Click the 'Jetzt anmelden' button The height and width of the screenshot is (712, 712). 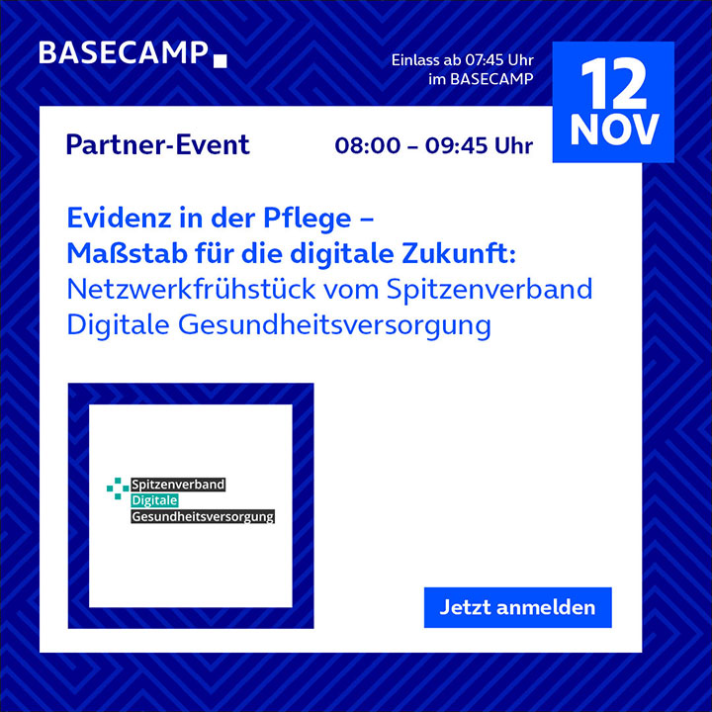coord(517,607)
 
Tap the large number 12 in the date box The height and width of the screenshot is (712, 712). coord(613,84)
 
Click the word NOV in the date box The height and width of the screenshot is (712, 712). coord(614,130)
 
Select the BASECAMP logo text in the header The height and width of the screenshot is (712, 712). coord(123,52)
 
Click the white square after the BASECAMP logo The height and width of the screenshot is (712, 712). coord(221,61)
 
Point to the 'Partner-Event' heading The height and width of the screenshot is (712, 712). coord(157,145)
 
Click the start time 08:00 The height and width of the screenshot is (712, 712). coord(368,145)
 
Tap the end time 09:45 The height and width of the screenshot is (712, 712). coord(456,145)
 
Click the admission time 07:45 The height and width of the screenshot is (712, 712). coord(484,60)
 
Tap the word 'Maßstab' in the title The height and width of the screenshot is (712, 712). coord(128,253)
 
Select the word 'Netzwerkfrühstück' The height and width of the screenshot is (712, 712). coord(191,289)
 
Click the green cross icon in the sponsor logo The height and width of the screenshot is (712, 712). coord(118,489)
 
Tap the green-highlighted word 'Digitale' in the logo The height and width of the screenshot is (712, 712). coord(154,500)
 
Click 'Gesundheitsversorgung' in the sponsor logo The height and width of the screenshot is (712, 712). coord(203,516)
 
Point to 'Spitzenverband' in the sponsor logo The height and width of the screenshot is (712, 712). coord(178,485)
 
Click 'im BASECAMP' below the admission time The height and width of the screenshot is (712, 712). coord(481,79)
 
